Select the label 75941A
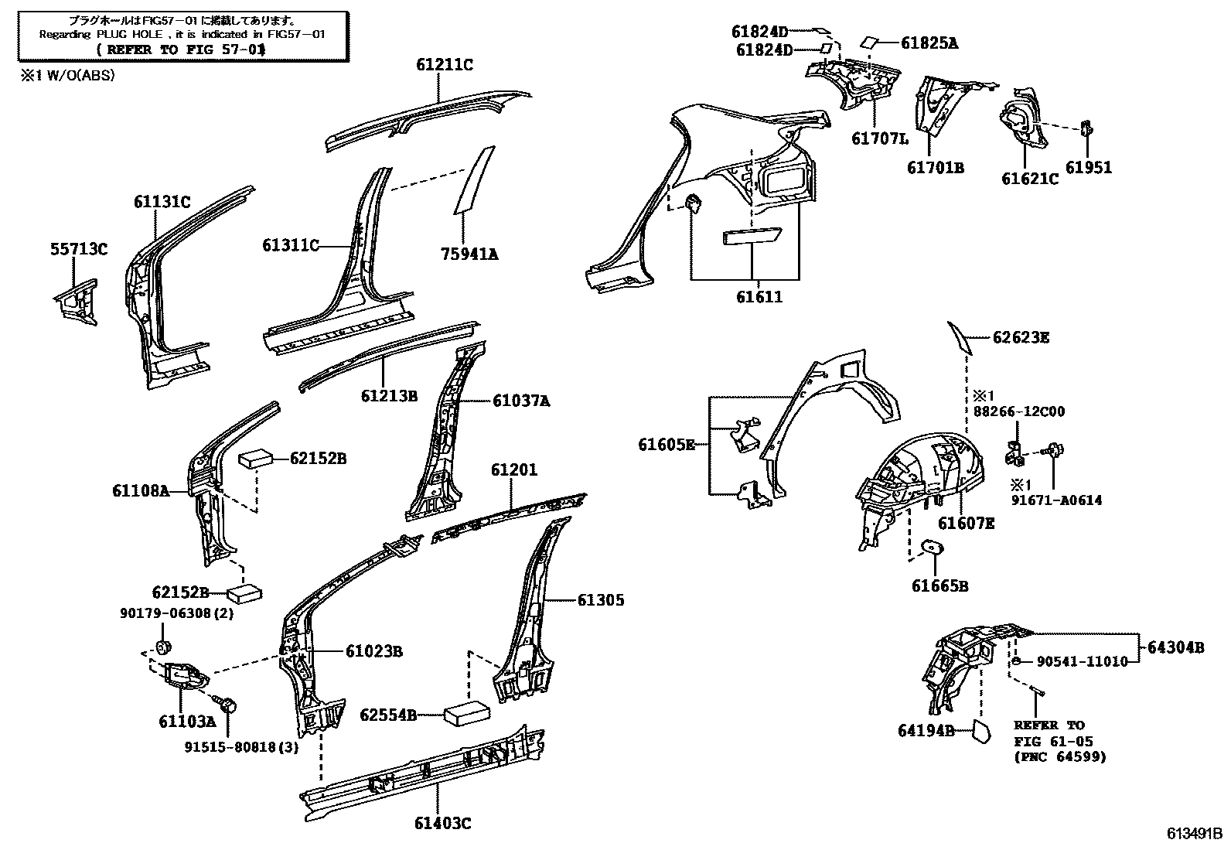(470, 254)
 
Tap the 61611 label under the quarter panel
(759, 297)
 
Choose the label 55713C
(79, 249)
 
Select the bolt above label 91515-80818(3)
(229, 705)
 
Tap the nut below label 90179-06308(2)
(162, 647)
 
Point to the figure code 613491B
(1195, 835)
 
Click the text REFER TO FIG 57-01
(182, 49)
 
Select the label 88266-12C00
(1018, 411)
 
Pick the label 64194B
(926, 730)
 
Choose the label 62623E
(1021, 337)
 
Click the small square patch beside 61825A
(869, 43)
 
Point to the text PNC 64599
(1059, 756)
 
